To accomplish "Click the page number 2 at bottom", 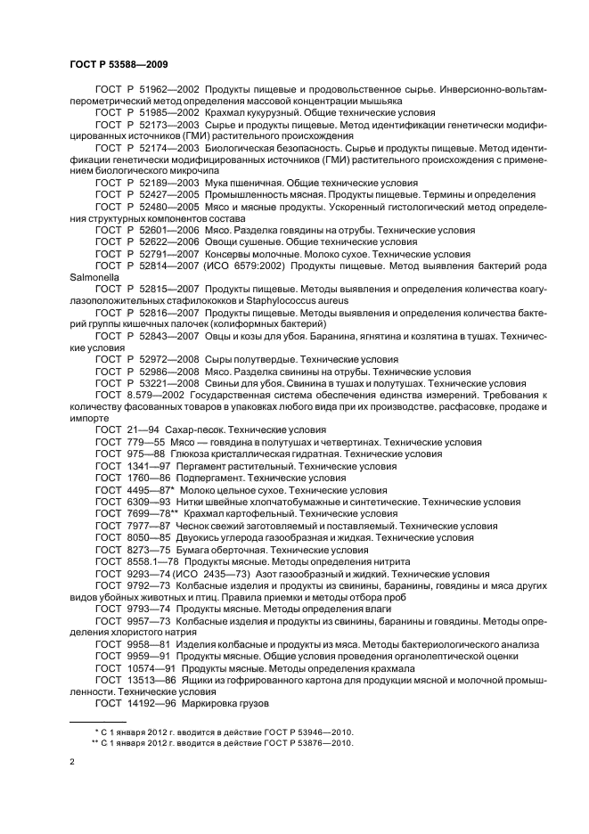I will tap(72, 762).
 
